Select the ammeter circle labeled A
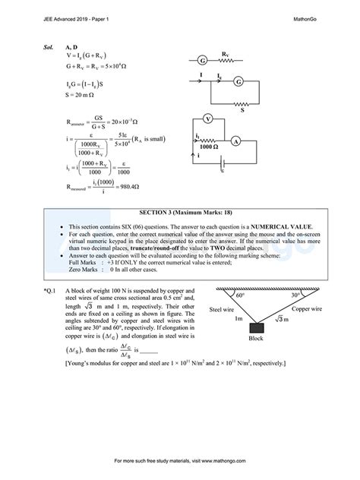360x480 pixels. coord(257,141)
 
